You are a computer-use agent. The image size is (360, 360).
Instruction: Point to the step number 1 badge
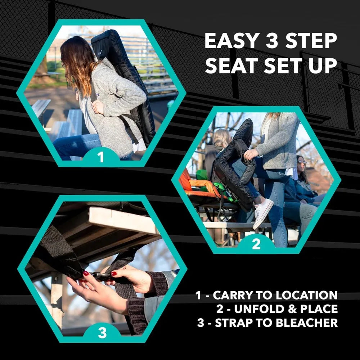point(101,157)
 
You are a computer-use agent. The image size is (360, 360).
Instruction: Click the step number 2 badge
point(256,244)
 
